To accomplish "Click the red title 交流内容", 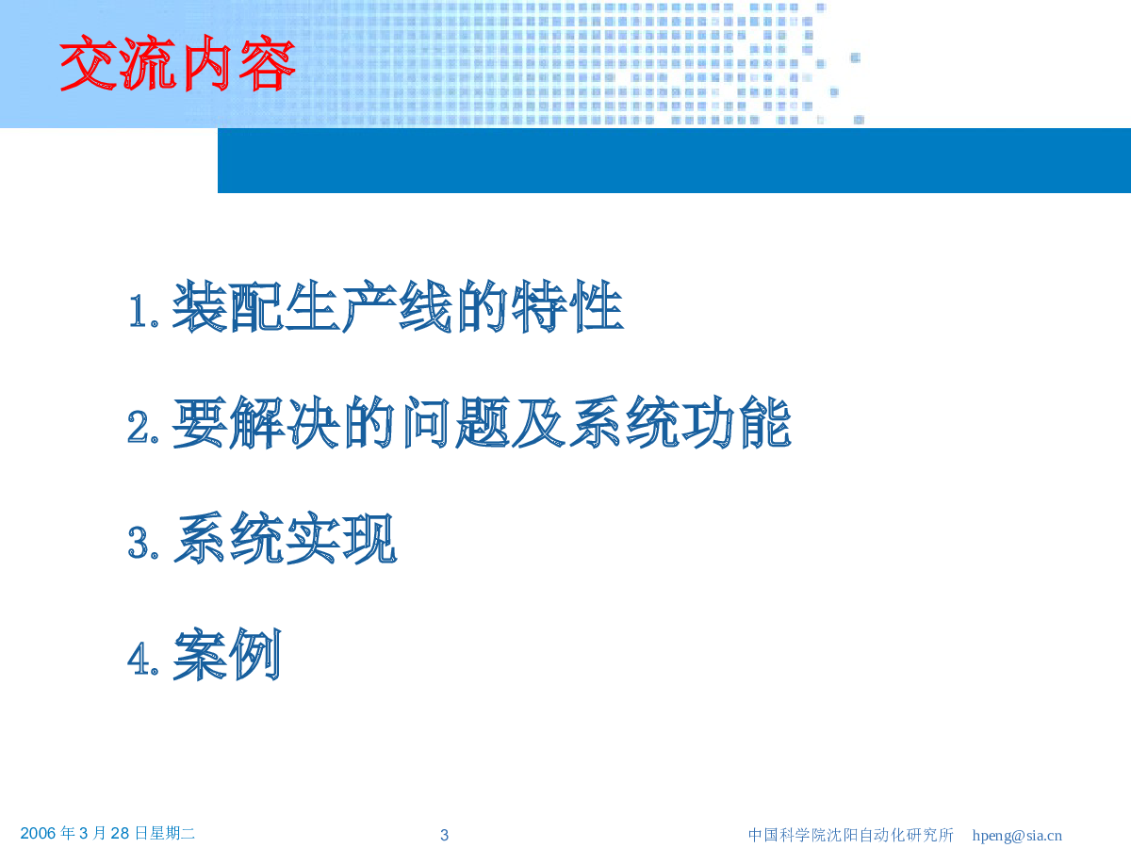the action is pos(178,63).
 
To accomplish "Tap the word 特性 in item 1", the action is pos(566,307).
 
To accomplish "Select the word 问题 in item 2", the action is pos(456,423).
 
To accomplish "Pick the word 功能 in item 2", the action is pos(737,423).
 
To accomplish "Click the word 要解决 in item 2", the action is pos(256,423).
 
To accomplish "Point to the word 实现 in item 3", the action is pos(341,539).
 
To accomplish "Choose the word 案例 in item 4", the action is pos(227,655).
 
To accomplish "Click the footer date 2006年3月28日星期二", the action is pos(107,833).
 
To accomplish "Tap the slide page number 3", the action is pos(444,835).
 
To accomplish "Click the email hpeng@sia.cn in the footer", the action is pos(1017,835).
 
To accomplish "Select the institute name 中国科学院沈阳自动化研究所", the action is pos(851,835).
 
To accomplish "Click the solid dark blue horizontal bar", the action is pos(675,160).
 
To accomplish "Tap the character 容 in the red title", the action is pos(268,63).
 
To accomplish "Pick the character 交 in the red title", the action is pos(88,63).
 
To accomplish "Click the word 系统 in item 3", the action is pos(228,539).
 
